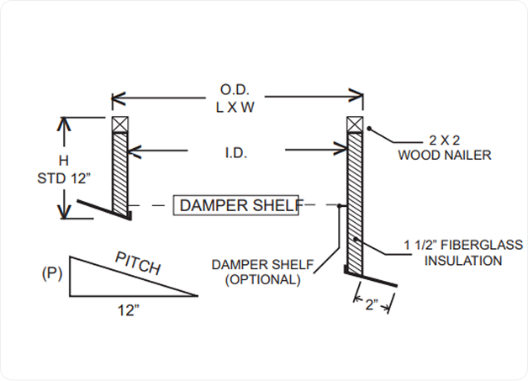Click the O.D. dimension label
235,90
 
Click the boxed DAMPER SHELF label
235,205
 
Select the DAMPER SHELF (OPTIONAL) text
263,273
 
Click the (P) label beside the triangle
52,274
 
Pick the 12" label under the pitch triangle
127,309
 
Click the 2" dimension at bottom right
370,304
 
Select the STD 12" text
61,177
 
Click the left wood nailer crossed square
119,123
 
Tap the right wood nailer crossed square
354,123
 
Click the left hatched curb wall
119,172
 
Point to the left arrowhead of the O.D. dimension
117,97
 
